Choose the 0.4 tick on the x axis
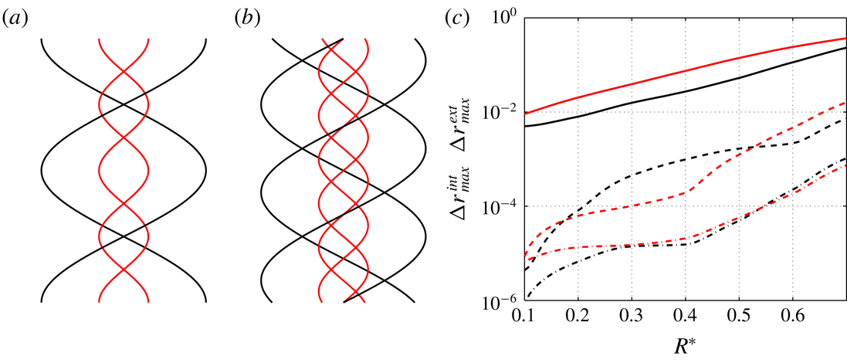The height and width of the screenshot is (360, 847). [686, 318]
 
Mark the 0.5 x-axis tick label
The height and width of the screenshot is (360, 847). [739, 318]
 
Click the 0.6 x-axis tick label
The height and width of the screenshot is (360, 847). [792, 318]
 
